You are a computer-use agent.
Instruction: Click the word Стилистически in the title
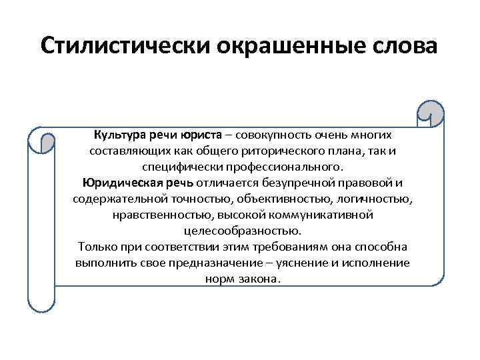[x=125, y=46]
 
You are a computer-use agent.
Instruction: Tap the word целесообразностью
[x=243, y=231]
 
